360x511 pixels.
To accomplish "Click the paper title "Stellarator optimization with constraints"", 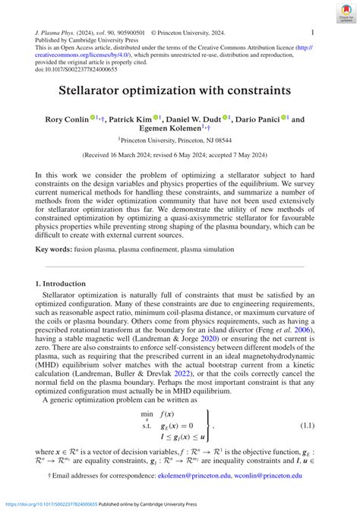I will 179,90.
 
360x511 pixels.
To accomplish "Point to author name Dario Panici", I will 256,119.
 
